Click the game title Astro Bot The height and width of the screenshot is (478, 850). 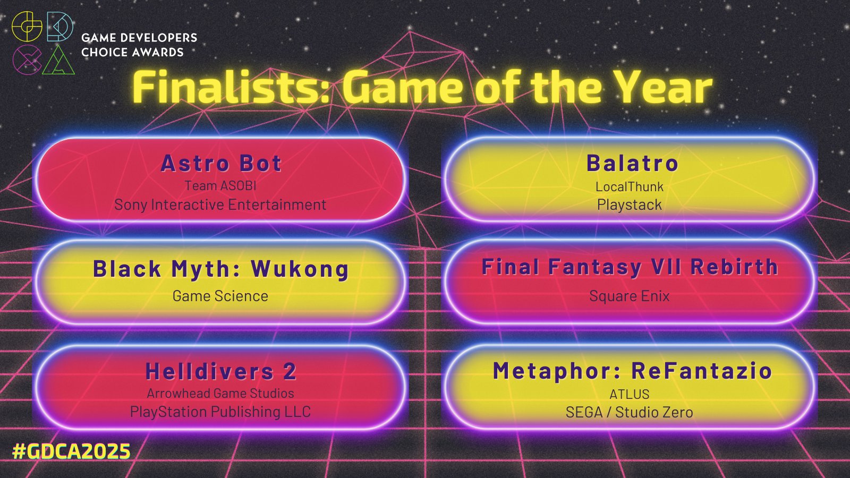pyautogui.click(x=221, y=163)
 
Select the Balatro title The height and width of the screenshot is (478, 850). pyautogui.click(x=632, y=163)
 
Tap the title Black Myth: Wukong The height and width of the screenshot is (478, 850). pyautogui.click(x=221, y=269)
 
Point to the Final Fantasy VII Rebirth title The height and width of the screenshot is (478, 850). pyautogui.click(x=630, y=267)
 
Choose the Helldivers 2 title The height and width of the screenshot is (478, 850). pyautogui.click(x=221, y=371)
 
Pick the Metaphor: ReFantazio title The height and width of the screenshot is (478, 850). pyautogui.click(x=633, y=371)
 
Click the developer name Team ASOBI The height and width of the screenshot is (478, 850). pyautogui.click(x=220, y=185)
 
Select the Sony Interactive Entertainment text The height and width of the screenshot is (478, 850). pyautogui.click(x=220, y=205)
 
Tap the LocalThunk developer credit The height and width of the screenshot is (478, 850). pyautogui.click(x=630, y=186)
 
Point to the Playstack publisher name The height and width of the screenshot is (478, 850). pyautogui.click(x=630, y=205)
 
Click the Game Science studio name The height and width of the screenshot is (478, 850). pyautogui.click(x=220, y=296)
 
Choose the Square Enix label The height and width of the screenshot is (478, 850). pyautogui.click(x=630, y=296)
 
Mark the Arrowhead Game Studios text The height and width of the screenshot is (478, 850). pyautogui.click(x=220, y=393)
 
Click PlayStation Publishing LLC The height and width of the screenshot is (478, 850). pyautogui.click(x=220, y=412)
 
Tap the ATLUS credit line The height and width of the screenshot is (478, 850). pyautogui.click(x=630, y=394)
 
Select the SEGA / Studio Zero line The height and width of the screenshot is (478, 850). pyautogui.click(x=630, y=412)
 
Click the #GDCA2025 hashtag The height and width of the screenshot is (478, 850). pyautogui.click(x=71, y=451)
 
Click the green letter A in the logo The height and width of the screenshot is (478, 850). pyautogui.click(x=58, y=60)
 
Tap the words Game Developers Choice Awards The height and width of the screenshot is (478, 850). pyautogui.click(x=139, y=45)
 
